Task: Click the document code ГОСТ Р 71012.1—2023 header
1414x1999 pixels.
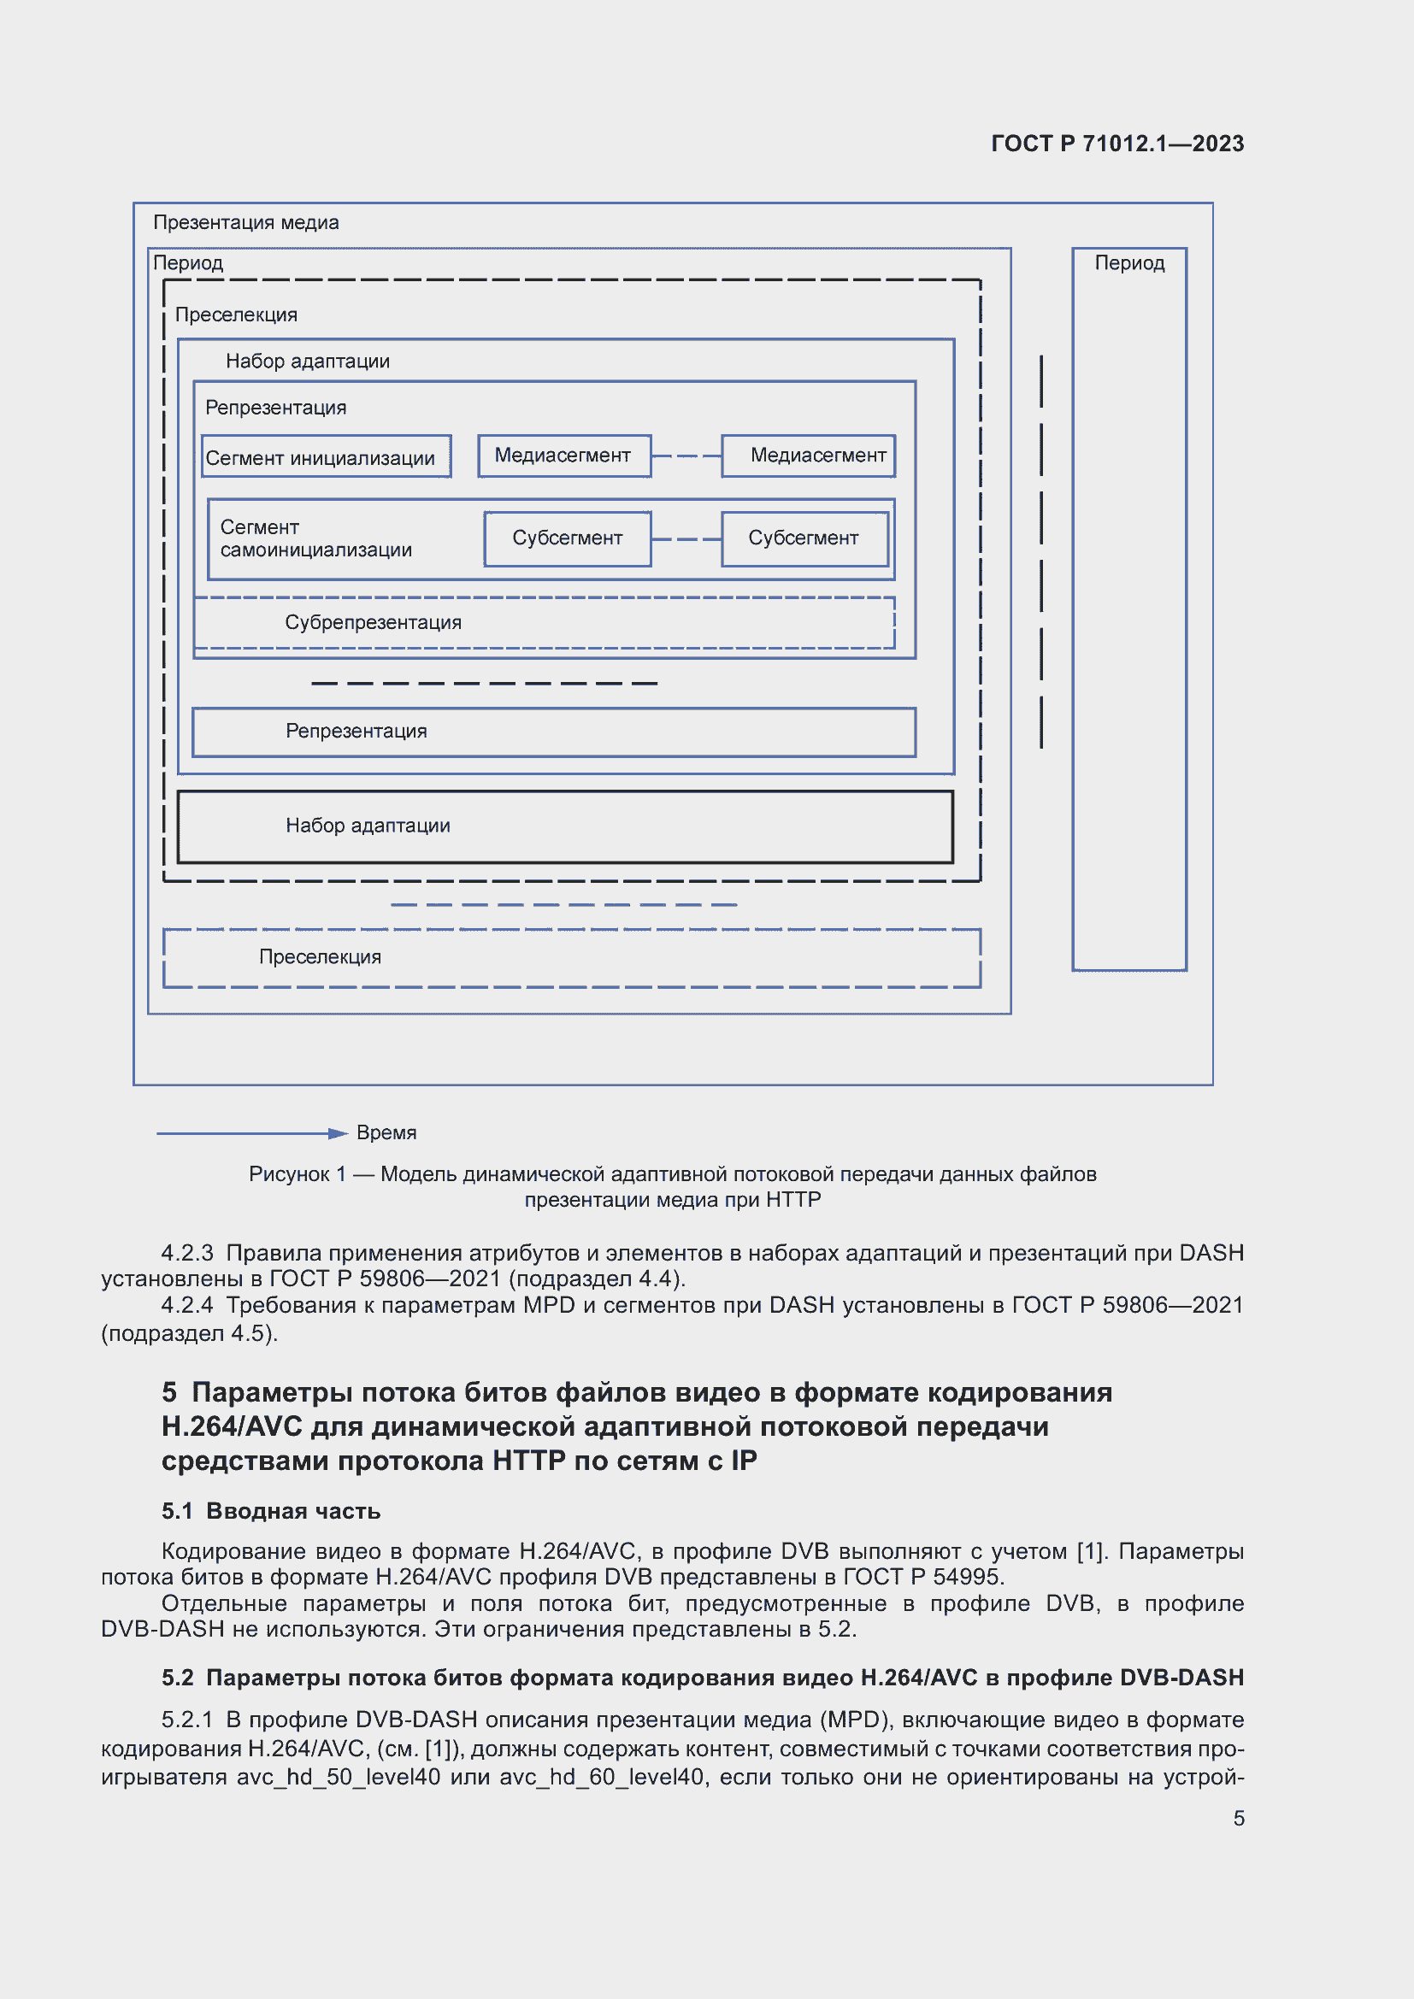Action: (x=1117, y=144)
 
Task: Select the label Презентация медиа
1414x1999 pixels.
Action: (x=245, y=223)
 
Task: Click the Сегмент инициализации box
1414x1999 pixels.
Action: (x=326, y=457)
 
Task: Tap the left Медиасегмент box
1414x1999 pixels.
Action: (x=563, y=456)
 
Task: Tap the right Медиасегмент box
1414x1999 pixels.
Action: (x=808, y=456)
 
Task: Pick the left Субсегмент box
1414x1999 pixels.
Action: (x=567, y=538)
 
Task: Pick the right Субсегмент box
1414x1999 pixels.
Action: (x=804, y=538)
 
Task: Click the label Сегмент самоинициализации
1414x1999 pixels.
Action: (x=315, y=539)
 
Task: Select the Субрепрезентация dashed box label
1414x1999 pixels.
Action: (x=373, y=622)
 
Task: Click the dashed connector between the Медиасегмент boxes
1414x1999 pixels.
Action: (x=686, y=456)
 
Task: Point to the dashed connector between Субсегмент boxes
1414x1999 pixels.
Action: (x=686, y=539)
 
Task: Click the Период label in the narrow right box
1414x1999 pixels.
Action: (x=1129, y=263)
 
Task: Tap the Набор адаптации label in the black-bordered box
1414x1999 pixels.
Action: (x=368, y=826)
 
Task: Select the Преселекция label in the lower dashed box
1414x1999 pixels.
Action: (x=320, y=957)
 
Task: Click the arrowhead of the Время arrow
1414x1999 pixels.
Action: (x=339, y=1132)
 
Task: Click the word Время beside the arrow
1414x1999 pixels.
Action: (x=386, y=1132)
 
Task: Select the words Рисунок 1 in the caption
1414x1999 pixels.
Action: (x=297, y=1174)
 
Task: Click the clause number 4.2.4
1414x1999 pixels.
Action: (x=186, y=1305)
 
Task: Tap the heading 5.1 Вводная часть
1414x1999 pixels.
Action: (x=271, y=1512)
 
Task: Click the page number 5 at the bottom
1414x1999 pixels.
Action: (x=1238, y=1819)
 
